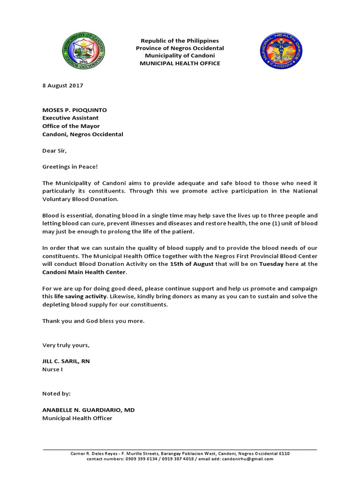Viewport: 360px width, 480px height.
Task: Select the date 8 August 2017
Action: pyautogui.click(x=62, y=86)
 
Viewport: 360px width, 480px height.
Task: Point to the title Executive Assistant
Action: pyautogui.click(x=70, y=118)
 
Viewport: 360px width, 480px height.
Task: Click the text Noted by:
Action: pyautogui.click(x=57, y=394)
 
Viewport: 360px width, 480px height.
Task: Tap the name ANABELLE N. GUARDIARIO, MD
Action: pyautogui.click(x=89, y=410)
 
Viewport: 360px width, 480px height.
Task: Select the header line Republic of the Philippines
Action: pyautogui.click(x=180, y=41)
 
